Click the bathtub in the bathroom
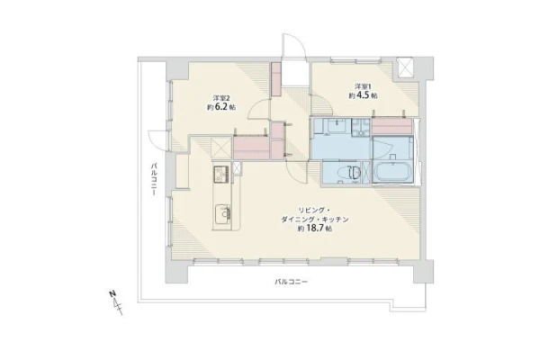(x=392, y=171)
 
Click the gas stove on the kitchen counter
(x=221, y=174)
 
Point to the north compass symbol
(x=116, y=302)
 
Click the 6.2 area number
(x=222, y=107)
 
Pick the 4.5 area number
(x=364, y=95)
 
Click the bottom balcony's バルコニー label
(x=291, y=282)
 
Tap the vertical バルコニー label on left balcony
(x=154, y=180)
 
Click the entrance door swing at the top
(x=293, y=45)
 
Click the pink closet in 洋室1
(x=392, y=126)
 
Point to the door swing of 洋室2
(x=258, y=108)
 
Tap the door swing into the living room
(x=296, y=171)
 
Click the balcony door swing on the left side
(x=158, y=140)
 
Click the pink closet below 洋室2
(x=252, y=148)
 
